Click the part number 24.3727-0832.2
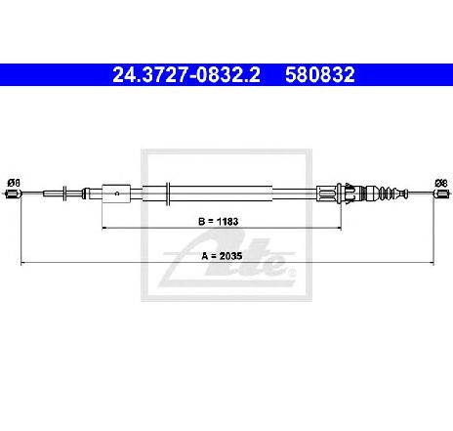tap(186, 75)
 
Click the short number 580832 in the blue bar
tap(320, 75)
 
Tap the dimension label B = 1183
tap(219, 222)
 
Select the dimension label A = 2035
tap(222, 256)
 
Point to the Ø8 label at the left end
tap(14, 183)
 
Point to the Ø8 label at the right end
tap(441, 183)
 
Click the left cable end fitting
tap(14, 194)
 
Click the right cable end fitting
tap(440, 194)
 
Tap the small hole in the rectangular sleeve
tap(117, 194)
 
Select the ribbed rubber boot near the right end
tap(388, 194)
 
